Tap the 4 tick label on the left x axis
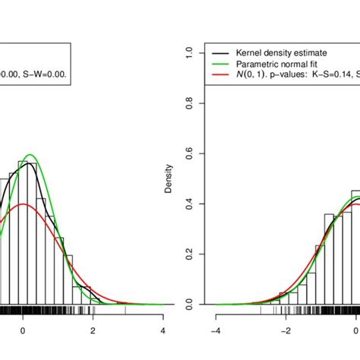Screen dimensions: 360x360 (x=163, y=331)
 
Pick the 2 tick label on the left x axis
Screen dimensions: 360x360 (x=93, y=331)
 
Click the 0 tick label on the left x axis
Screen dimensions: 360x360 (x=23, y=331)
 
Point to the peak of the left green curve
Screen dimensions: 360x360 (x=32, y=155)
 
